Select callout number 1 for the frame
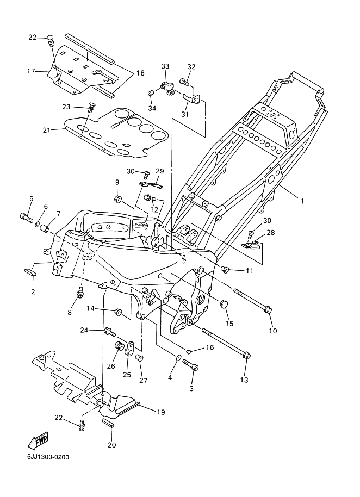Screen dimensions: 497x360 (x=302, y=201)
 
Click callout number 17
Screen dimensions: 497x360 (x=30, y=71)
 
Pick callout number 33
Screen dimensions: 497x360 (x=165, y=66)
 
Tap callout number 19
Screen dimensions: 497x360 (x=161, y=413)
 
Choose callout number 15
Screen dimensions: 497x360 (x=229, y=324)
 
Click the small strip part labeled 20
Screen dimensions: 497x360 (x=108, y=423)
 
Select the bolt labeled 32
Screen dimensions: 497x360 (x=183, y=83)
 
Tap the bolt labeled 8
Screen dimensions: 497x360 (x=80, y=293)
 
